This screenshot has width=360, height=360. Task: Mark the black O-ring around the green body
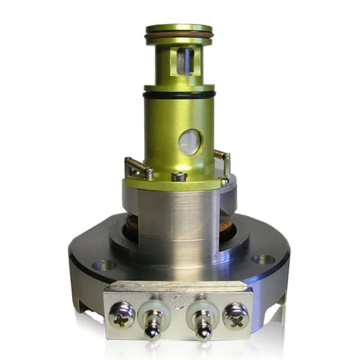click(x=179, y=95)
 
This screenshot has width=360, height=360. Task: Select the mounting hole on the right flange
click(x=263, y=259)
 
